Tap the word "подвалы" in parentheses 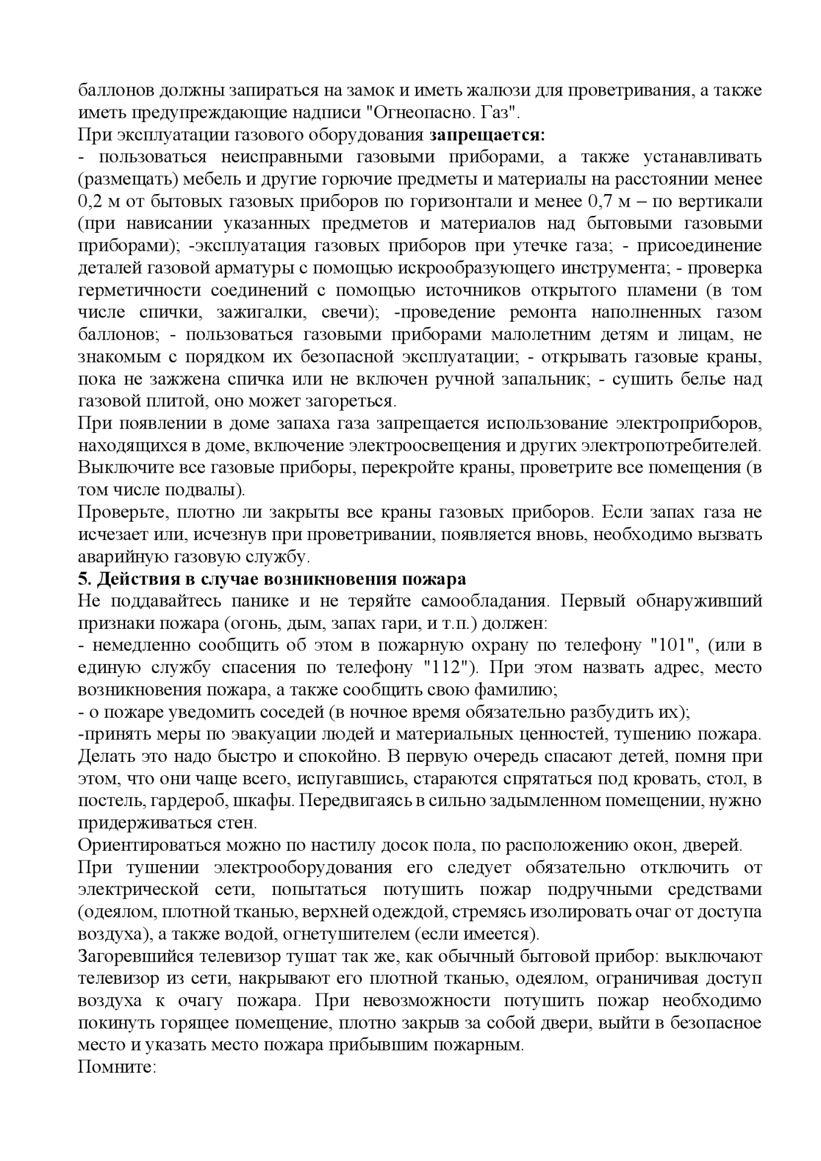coord(202,490)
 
